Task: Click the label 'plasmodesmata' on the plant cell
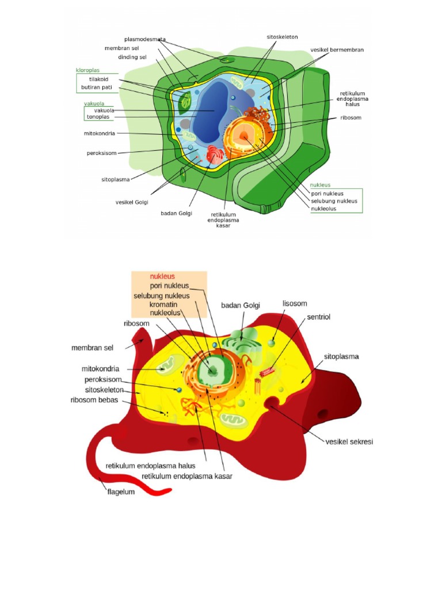(x=144, y=39)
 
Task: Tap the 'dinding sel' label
(x=132, y=57)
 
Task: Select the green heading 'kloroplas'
(x=87, y=70)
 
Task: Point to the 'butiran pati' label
(x=97, y=88)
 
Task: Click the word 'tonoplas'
(x=98, y=117)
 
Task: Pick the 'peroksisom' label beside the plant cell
(x=101, y=153)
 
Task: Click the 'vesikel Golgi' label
(x=132, y=202)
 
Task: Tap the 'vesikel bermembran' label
(x=337, y=50)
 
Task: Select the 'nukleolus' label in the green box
(x=323, y=209)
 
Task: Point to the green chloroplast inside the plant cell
(x=185, y=102)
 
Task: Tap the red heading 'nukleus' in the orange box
(x=162, y=277)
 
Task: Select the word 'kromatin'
(x=163, y=304)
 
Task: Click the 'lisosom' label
(x=295, y=303)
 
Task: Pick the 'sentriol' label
(x=319, y=317)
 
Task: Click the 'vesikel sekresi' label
(x=349, y=442)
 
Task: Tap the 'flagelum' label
(x=121, y=492)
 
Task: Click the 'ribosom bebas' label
(x=94, y=400)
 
